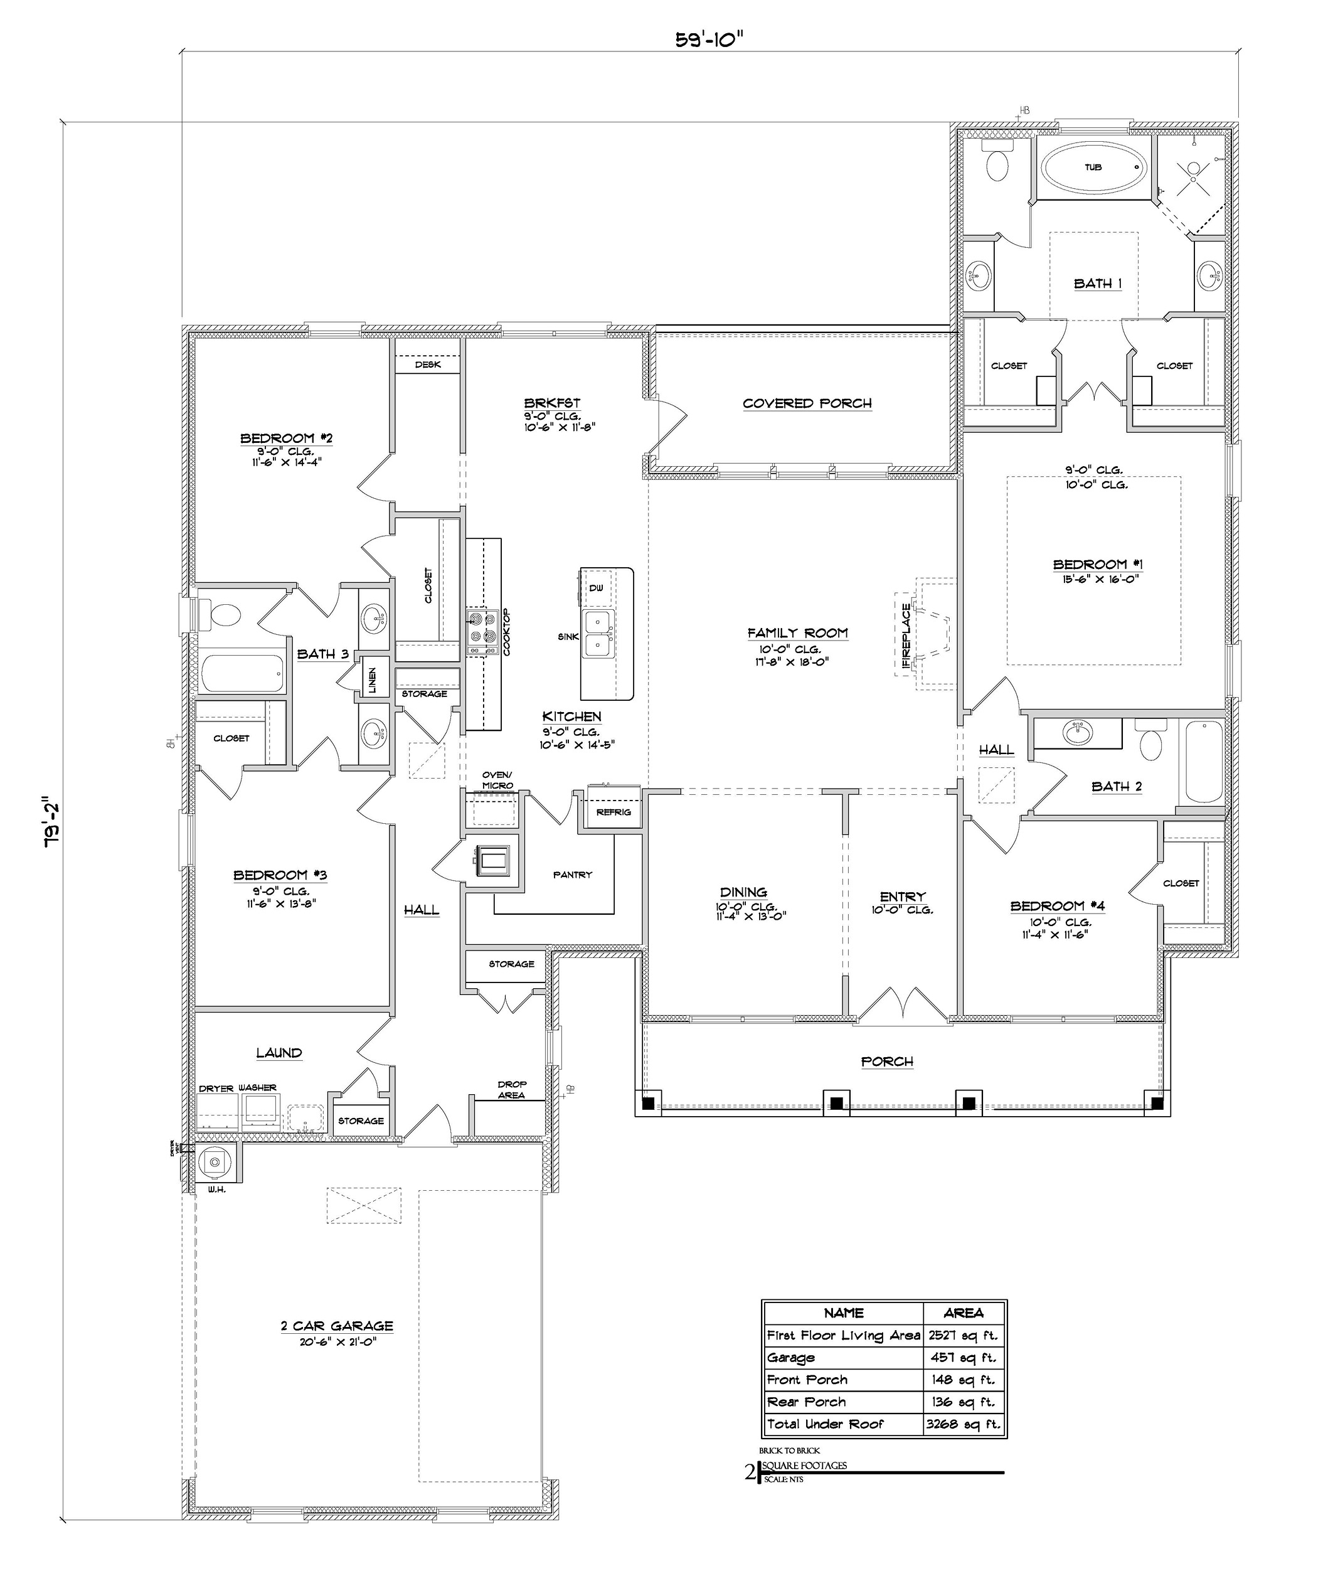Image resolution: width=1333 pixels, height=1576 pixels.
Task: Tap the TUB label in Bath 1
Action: [1093, 167]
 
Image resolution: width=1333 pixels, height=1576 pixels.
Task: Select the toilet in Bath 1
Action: [998, 163]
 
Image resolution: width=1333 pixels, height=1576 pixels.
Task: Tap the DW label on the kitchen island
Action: [596, 588]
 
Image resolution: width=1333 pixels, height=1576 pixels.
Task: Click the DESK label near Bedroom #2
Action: [428, 365]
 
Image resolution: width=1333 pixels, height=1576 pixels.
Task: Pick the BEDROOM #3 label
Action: [280, 875]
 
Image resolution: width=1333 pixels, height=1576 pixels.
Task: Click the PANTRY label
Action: [572, 875]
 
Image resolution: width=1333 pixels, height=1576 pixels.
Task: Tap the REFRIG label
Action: [613, 812]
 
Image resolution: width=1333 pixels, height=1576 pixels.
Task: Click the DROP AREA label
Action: [512, 1089]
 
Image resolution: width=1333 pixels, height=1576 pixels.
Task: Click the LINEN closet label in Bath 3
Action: [372, 679]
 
